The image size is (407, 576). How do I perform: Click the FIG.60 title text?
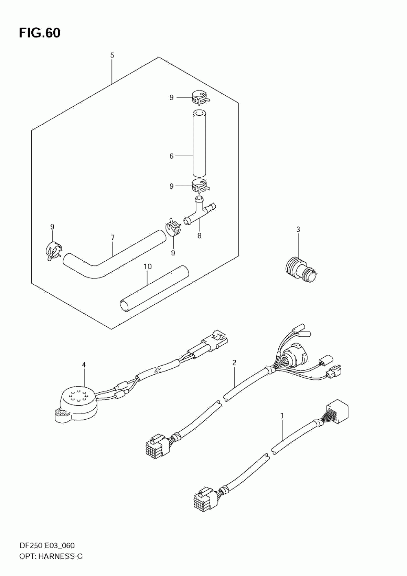pos(39,33)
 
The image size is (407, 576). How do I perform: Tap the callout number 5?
pos(112,55)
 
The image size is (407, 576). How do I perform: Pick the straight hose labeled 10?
pos(155,288)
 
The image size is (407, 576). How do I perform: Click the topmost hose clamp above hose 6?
pos(199,98)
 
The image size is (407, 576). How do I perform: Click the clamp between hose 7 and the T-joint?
pos(173,228)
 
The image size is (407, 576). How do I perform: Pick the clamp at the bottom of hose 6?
pos(199,186)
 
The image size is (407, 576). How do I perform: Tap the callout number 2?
pos(234,362)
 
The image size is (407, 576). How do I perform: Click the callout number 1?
pos(282,416)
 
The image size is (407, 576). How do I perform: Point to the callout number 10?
pos(147,266)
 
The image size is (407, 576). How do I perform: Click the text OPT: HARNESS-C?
pos(50,556)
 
